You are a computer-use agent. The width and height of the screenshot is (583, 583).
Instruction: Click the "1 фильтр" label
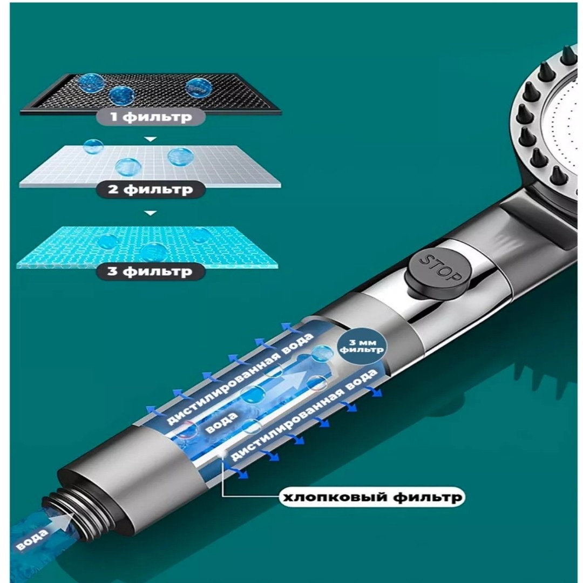point(151,117)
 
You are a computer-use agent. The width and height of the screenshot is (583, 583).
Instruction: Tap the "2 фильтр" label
point(151,189)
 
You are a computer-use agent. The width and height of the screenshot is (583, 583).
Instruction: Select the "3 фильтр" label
point(151,271)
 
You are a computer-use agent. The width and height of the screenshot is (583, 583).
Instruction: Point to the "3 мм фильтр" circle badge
point(361,347)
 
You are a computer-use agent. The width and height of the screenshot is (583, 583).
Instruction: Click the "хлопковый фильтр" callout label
point(372,497)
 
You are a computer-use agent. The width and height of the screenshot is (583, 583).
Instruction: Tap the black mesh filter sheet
point(151,92)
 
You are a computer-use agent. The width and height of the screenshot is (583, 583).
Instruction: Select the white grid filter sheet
point(151,165)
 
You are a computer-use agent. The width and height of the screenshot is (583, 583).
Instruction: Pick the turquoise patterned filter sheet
point(149,247)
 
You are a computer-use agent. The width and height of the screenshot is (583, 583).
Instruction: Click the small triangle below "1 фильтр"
point(150,139)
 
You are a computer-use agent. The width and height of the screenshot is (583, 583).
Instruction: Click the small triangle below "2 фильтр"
point(150,213)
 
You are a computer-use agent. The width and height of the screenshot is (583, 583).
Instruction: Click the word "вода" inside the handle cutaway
point(222,422)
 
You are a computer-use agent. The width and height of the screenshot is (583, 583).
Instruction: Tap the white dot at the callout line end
point(223,453)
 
